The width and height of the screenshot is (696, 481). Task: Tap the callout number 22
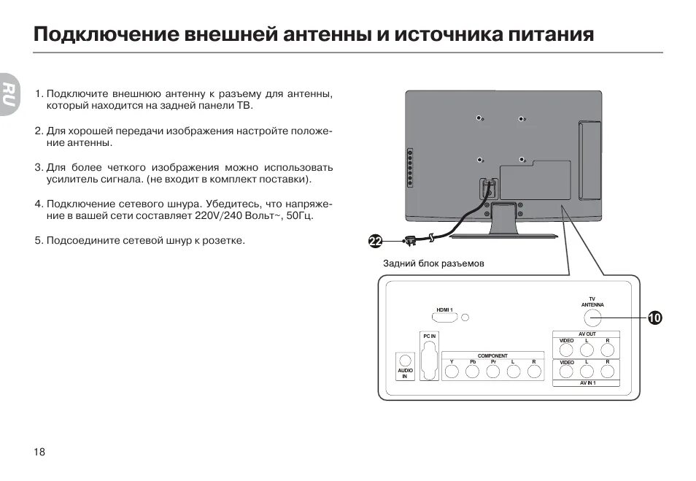376,241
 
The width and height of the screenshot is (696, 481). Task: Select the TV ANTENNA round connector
592,318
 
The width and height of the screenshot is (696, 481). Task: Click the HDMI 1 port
444,319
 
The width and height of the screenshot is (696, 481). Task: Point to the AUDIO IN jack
405,361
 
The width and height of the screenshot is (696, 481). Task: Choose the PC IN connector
429,361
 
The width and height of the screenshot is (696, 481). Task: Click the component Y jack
452,372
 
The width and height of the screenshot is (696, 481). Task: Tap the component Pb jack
472,372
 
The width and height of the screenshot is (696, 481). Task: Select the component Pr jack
493,372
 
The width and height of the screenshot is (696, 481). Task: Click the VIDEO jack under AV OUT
567,350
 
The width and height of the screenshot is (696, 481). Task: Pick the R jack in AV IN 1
607,372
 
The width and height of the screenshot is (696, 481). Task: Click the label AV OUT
587,334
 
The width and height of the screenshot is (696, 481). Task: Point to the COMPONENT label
492,355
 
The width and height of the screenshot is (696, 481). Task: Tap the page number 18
39,452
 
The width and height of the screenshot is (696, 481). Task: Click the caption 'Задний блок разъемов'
433,263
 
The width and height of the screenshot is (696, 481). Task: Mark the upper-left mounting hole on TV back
479,118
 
